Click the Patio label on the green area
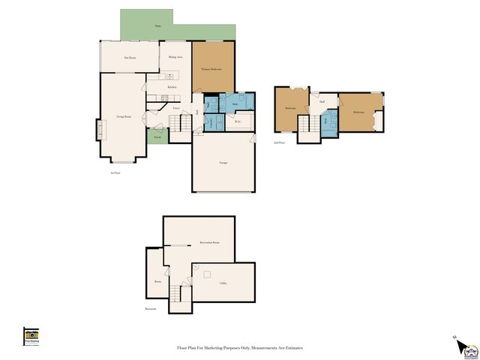tap(157, 26)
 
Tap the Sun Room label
tap(130, 57)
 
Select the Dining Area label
tap(176, 57)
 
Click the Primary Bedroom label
tap(213, 69)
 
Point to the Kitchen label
tap(172, 88)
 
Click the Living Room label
tap(124, 117)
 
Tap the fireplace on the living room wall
tap(98, 130)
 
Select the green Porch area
tap(157, 137)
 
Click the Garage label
tap(223, 163)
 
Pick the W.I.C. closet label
tap(238, 124)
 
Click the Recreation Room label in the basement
tap(209, 243)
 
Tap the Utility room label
tap(223, 283)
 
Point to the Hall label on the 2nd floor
tap(322, 102)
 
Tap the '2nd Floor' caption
tap(279, 142)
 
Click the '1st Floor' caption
tap(115, 173)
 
